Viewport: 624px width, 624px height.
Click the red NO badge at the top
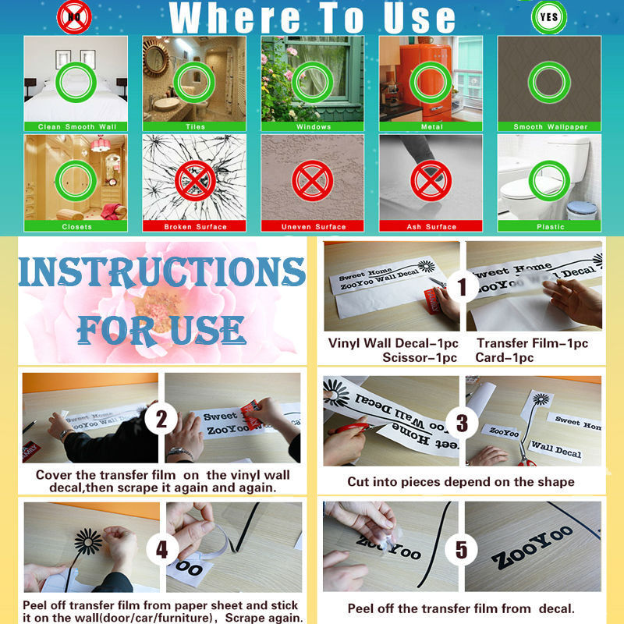74,17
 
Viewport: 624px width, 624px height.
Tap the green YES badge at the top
549,17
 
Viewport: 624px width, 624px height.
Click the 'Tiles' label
195,126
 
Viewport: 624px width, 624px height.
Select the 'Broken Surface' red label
195,226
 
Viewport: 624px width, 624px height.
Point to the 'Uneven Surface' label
314,226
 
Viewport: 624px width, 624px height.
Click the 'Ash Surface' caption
431,226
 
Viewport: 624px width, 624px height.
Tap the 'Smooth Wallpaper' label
551,126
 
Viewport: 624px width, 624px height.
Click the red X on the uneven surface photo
313,181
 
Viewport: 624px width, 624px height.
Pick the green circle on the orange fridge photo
431,82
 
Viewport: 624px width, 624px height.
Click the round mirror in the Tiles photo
155,58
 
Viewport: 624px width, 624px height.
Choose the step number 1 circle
462,286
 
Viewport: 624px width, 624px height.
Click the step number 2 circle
161,419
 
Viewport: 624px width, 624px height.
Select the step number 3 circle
462,423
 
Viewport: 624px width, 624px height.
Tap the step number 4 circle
162,549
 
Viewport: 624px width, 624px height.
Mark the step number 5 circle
461,549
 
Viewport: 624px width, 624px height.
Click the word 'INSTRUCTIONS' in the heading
162,271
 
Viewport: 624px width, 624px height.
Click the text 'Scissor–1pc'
420,357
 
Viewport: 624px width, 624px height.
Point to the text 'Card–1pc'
504,357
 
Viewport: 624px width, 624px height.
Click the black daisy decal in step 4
88,541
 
